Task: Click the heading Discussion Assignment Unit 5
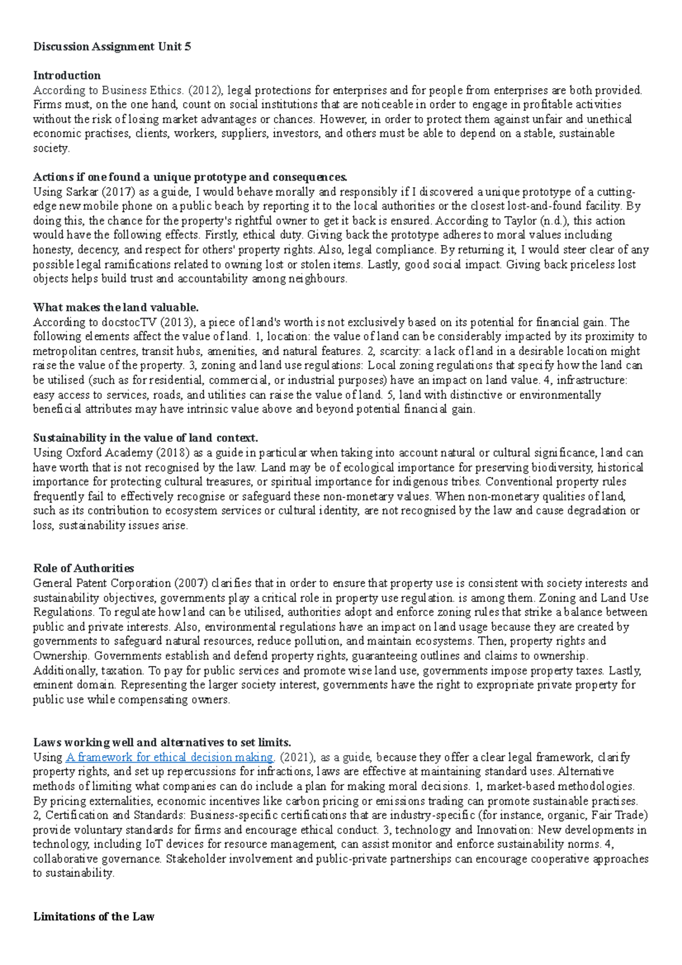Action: point(112,47)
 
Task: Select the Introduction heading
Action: point(66,76)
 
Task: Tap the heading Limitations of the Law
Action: point(94,917)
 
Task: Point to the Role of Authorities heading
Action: point(84,568)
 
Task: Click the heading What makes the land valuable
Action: point(115,307)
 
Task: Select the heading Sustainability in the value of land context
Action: point(145,438)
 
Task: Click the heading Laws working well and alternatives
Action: point(162,742)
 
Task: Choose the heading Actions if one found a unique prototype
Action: point(190,177)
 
